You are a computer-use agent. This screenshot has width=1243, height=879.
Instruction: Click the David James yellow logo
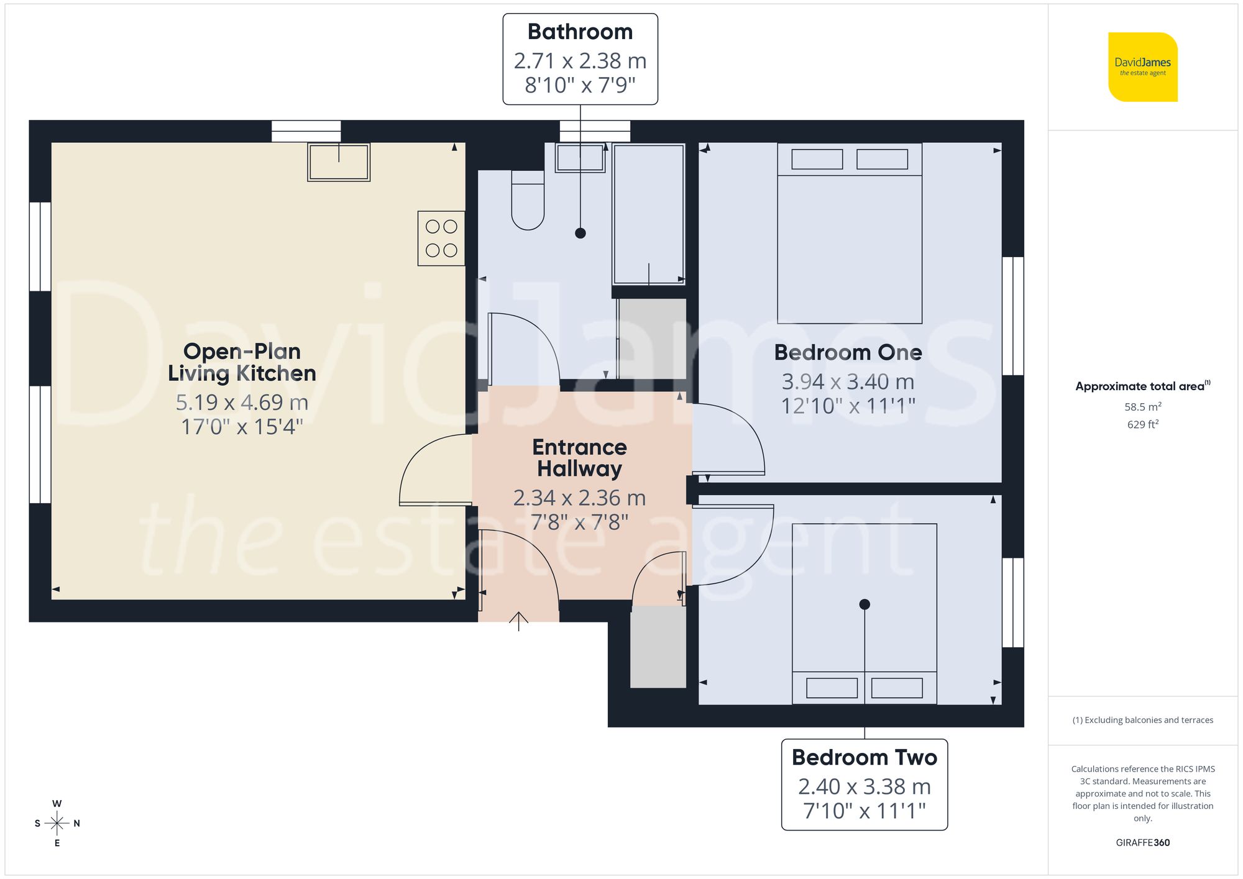click(1142, 67)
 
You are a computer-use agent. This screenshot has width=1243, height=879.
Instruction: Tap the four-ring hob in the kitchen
click(441, 239)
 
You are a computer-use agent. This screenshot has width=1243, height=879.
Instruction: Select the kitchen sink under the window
click(339, 162)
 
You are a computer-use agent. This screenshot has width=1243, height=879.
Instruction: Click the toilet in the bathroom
click(528, 202)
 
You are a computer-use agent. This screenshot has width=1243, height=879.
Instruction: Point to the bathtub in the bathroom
click(649, 214)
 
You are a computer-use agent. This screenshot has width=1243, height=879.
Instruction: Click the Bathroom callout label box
click(580, 59)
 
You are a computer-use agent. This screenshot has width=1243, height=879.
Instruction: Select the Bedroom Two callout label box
click(864, 784)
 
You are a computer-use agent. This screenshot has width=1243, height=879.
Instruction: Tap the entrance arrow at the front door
click(518, 621)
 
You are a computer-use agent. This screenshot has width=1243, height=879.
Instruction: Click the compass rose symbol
click(57, 824)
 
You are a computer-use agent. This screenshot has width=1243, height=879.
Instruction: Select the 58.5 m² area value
click(1142, 407)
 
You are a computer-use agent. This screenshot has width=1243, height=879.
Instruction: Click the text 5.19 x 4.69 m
click(242, 403)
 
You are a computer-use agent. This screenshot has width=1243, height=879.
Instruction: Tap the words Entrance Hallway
click(579, 458)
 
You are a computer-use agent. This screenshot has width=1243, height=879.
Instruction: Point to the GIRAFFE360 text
click(1142, 843)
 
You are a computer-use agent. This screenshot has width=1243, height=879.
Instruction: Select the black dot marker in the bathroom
click(580, 233)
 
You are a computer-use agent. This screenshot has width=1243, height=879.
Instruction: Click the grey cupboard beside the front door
click(658, 647)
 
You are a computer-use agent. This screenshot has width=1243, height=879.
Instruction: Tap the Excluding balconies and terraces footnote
click(1142, 720)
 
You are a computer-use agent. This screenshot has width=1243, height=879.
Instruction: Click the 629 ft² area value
click(1142, 425)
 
